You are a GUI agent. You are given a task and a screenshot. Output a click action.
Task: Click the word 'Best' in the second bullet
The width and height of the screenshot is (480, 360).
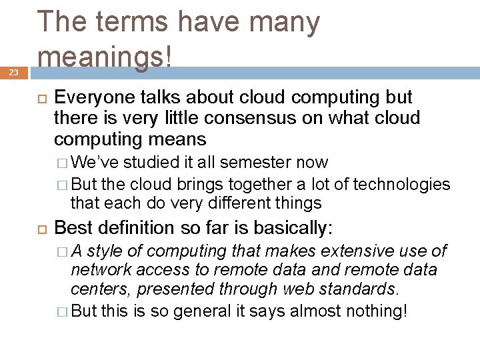[x=70, y=228]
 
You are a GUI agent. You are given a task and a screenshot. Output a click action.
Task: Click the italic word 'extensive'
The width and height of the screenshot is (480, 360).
[x=355, y=251]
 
